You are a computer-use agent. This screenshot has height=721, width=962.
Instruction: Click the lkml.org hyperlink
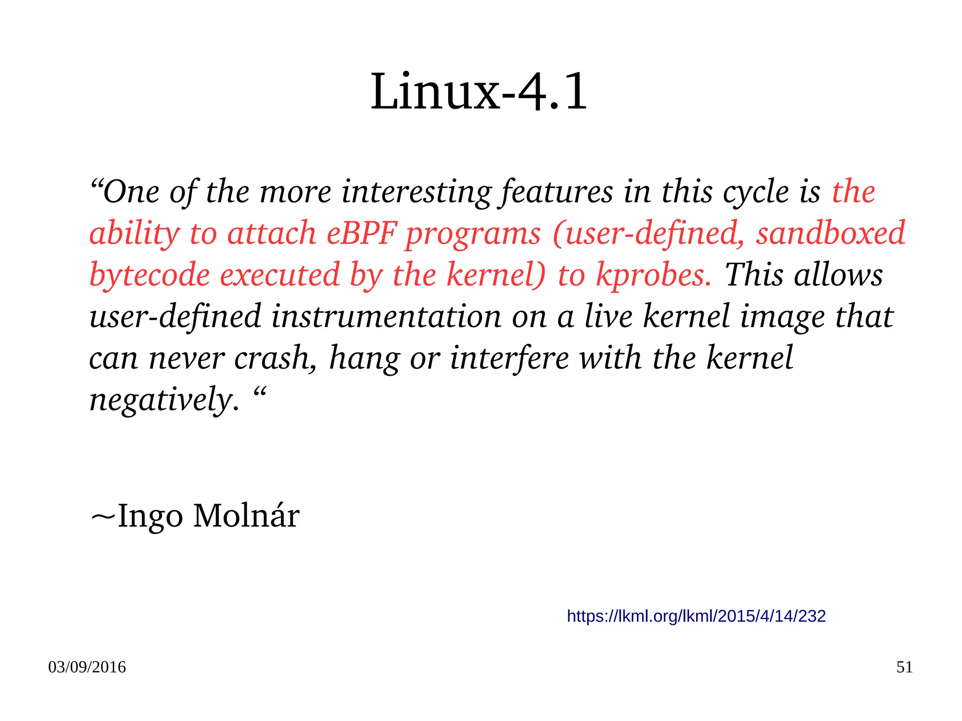(x=696, y=616)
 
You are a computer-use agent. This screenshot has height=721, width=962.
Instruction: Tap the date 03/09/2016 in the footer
(x=87, y=667)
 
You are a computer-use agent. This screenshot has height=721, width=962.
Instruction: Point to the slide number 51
(x=904, y=667)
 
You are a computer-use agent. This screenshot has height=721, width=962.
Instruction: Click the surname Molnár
(x=246, y=516)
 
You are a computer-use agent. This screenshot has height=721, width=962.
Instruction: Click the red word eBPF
(x=361, y=233)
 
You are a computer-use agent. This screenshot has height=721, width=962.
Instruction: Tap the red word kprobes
(x=653, y=275)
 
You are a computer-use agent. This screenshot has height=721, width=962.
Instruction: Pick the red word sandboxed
(x=830, y=233)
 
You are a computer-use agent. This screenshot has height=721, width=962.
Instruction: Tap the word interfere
(x=509, y=358)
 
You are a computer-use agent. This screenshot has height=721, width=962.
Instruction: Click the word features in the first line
(x=557, y=193)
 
